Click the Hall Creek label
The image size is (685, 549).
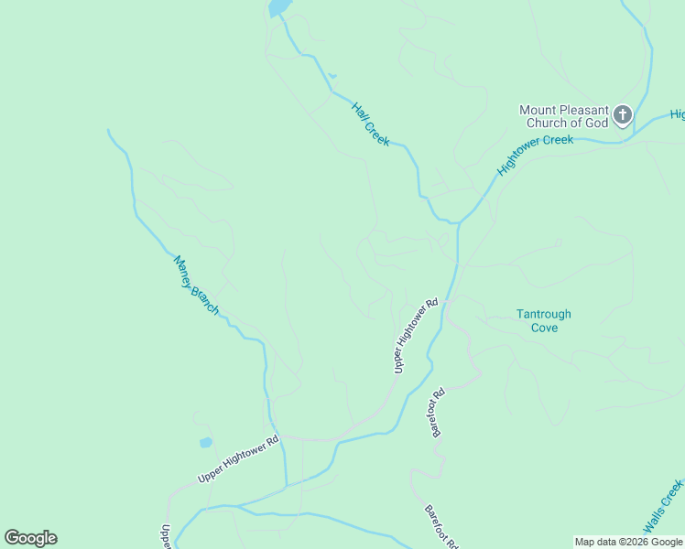[x=371, y=124]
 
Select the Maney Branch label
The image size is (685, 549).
[x=197, y=285]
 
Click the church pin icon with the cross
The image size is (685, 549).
[x=623, y=115]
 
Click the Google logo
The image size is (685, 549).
[x=30, y=538]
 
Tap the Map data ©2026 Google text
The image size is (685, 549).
[x=628, y=542]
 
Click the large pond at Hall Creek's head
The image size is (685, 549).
[x=277, y=8]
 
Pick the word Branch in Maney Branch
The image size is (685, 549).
[x=205, y=298]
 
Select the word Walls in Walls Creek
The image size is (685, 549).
[x=655, y=521]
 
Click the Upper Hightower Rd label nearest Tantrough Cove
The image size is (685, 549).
[x=416, y=335]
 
